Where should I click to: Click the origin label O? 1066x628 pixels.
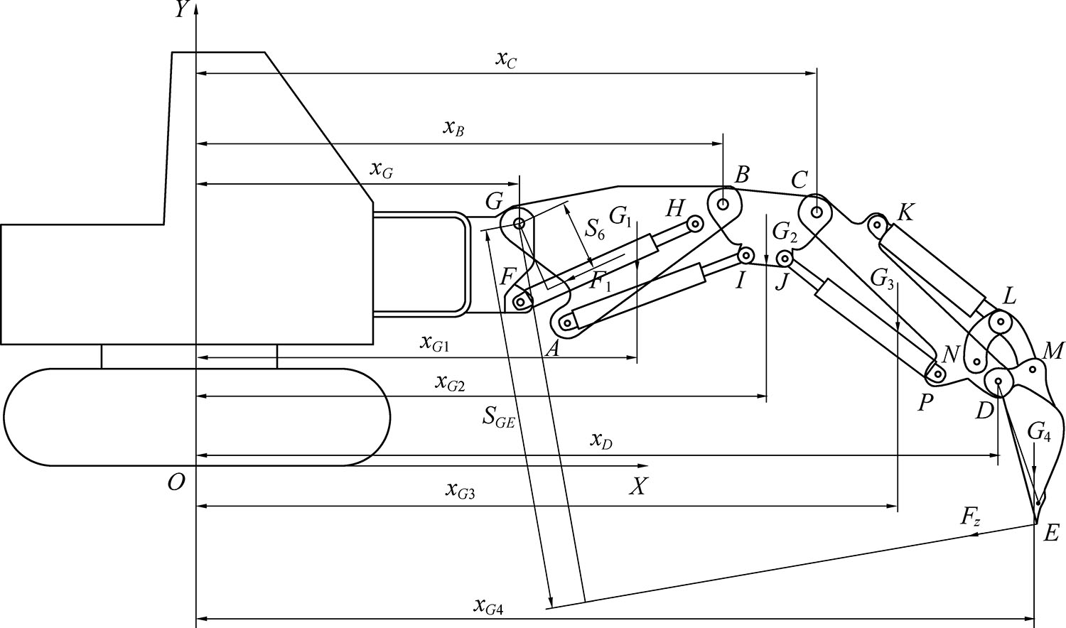click(176, 483)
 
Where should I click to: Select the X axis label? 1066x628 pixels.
click(639, 487)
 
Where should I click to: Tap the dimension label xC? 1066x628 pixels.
click(505, 60)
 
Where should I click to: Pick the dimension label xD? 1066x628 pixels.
click(601, 441)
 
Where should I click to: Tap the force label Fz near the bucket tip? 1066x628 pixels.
click(971, 517)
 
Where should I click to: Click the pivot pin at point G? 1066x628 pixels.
click(519, 223)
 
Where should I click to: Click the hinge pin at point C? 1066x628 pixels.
click(818, 211)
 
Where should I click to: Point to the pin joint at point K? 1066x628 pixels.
click(878, 226)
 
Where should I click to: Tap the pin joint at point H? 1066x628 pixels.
click(696, 224)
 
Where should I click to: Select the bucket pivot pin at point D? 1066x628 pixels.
click(998, 382)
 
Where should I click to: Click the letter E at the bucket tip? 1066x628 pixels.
click(1051, 533)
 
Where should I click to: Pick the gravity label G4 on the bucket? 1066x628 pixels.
click(1039, 431)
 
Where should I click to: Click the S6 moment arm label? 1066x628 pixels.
click(595, 229)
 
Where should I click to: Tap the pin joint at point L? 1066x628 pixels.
click(1001, 322)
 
